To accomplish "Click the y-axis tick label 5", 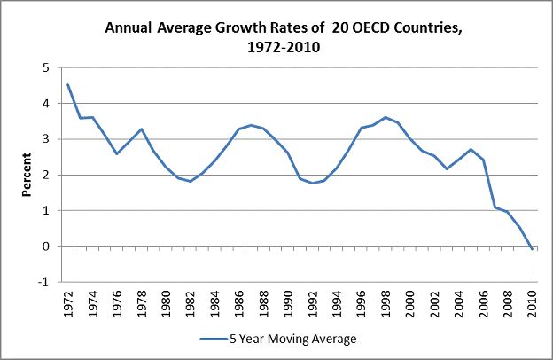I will (44, 68).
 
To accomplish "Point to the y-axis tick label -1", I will (43, 282).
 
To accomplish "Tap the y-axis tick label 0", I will (44, 247).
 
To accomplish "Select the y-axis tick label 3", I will (44, 139).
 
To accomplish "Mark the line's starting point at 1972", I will (67, 85).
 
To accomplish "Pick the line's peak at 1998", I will (386, 117).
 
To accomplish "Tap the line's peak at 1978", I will (141, 129).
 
